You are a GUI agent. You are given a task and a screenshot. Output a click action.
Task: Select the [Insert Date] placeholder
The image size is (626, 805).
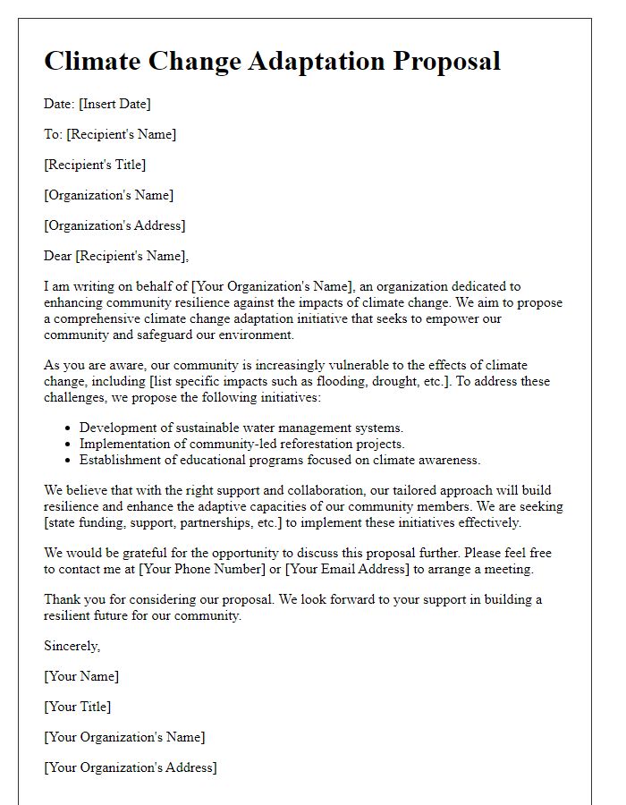point(114,104)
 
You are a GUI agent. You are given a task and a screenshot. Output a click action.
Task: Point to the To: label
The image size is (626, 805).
point(53,134)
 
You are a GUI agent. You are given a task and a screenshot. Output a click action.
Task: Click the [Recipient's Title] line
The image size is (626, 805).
point(95,165)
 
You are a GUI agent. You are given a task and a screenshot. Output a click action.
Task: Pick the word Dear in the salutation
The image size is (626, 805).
point(58,256)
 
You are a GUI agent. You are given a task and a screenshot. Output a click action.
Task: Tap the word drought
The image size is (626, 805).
point(402,381)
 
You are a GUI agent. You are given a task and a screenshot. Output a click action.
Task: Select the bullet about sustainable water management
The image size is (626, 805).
point(241,428)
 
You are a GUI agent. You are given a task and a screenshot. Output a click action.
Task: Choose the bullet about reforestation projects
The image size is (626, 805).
point(241,444)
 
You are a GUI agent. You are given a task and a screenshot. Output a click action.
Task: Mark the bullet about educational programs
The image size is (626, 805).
point(280,460)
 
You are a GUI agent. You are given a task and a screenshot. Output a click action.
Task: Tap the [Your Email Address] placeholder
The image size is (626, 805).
point(347,569)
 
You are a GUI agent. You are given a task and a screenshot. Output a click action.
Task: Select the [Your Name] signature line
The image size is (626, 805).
point(81,676)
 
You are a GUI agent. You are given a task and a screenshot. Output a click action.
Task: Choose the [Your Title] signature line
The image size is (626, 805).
point(78,707)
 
